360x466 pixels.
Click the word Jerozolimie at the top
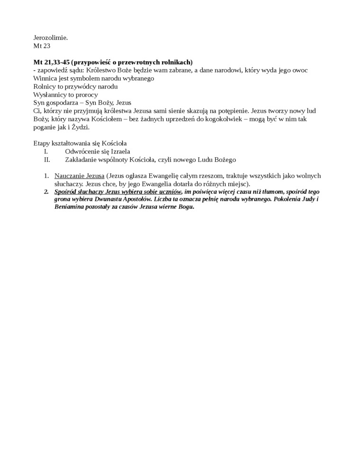(51, 37)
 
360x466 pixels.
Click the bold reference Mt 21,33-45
(53, 63)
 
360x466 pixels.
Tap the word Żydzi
(78, 127)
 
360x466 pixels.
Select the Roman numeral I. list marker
(45, 152)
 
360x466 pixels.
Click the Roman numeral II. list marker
(46, 160)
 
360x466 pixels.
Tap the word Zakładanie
(83, 160)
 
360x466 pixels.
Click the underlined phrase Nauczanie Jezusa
(80, 176)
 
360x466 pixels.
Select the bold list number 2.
(46, 192)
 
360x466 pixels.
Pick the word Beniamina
(71, 207)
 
